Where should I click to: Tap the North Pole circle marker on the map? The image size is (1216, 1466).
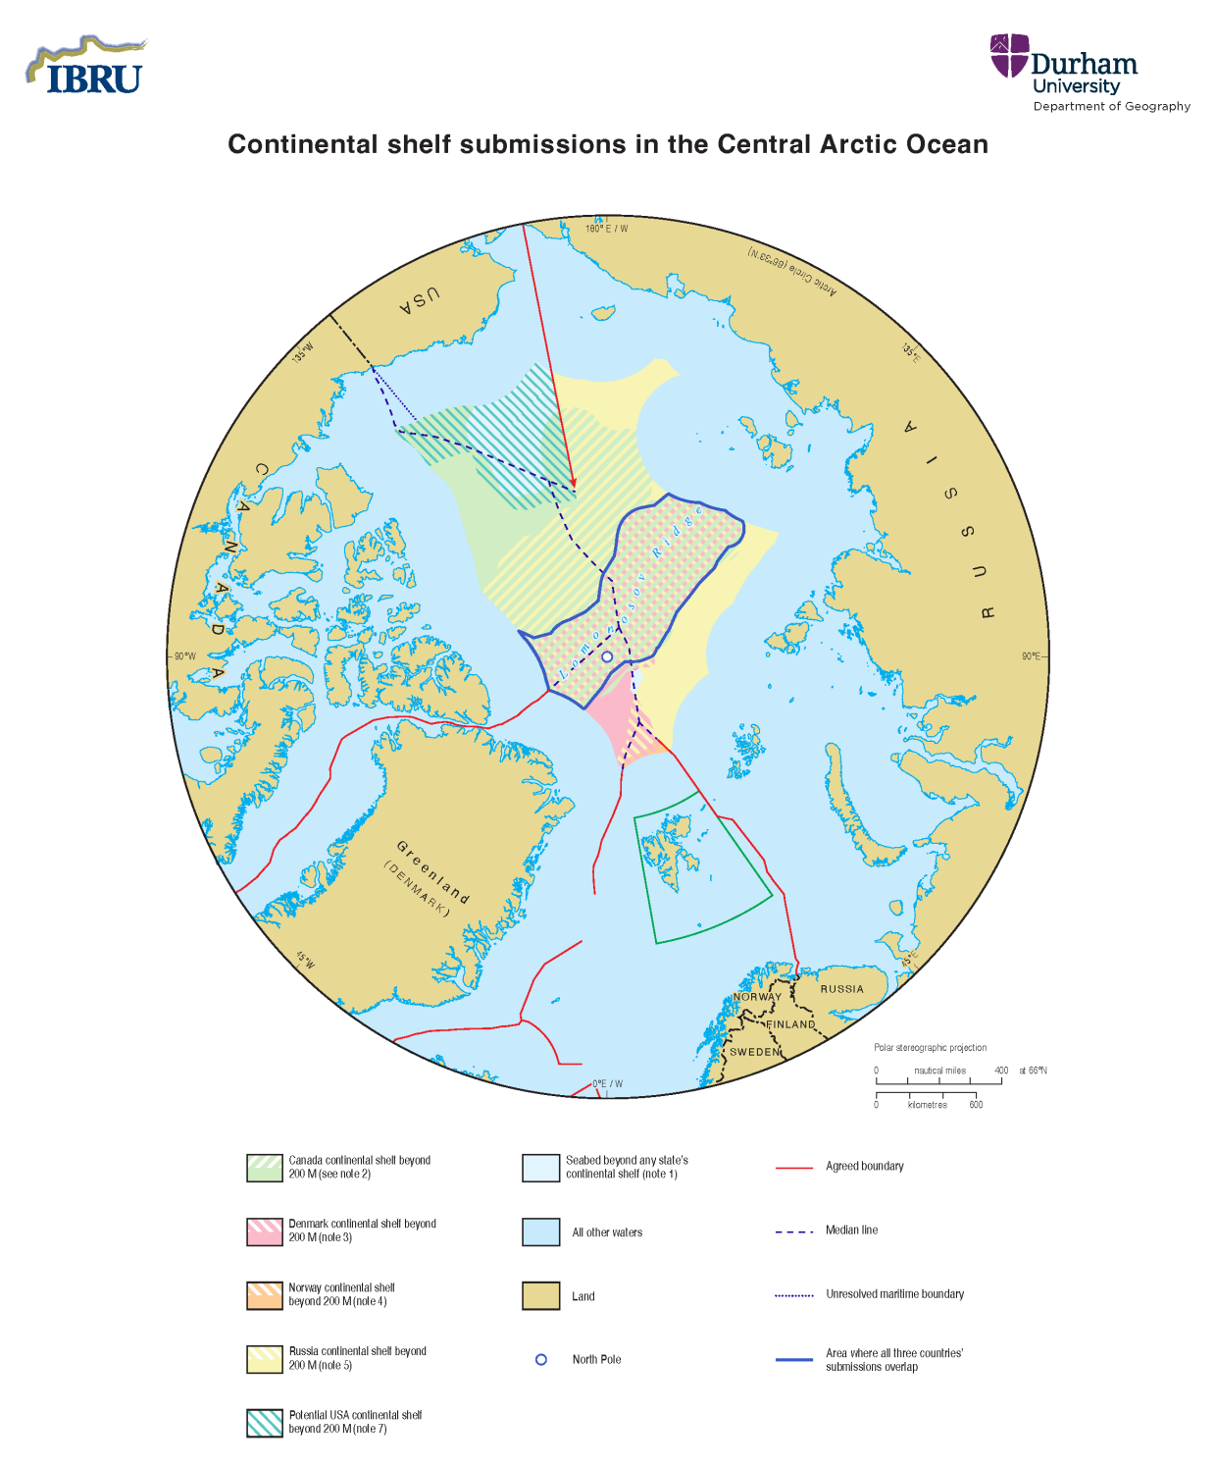[x=607, y=656]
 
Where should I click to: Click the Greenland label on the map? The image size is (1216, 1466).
[x=432, y=872]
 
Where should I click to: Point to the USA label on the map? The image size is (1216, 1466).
[x=419, y=301]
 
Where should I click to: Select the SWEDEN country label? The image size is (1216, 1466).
[x=754, y=1052]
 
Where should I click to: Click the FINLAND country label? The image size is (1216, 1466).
[x=790, y=1024]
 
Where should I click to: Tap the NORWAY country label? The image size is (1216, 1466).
[x=757, y=997]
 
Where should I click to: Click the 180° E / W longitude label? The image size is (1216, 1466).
[x=606, y=229]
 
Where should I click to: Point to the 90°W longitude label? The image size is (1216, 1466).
[x=184, y=656]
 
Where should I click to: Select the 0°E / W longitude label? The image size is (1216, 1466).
[x=607, y=1084]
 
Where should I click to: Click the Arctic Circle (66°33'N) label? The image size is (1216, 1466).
[x=792, y=271]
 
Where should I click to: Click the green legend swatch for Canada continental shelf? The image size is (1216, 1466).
[x=265, y=1168]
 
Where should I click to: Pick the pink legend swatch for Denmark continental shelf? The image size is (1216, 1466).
[x=265, y=1231]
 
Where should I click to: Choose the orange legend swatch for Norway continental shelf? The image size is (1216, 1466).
[x=265, y=1295]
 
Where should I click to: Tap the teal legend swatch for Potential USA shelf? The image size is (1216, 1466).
[x=265, y=1423]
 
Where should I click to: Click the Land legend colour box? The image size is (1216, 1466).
[x=540, y=1296]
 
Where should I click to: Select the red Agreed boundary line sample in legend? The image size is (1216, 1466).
[x=794, y=1168]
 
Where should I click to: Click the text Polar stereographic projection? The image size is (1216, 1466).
[x=930, y=1048]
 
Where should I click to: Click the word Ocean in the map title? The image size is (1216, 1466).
[x=945, y=144]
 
